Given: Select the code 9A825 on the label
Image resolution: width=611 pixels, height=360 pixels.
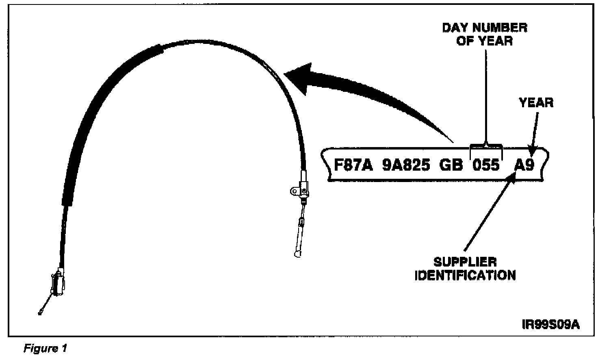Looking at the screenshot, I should pyautogui.click(x=406, y=165).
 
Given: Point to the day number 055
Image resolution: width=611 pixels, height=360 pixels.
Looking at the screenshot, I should pyautogui.click(x=486, y=165).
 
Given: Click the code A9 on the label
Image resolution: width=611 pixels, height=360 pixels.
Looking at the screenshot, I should pyautogui.click(x=524, y=165).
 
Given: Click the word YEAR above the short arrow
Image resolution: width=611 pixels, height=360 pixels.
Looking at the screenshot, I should pyautogui.click(x=536, y=103).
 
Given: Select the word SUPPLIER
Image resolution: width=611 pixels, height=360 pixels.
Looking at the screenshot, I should pyautogui.click(x=465, y=262).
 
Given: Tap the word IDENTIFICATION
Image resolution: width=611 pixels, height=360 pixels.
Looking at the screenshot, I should pyautogui.click(x=465, y=275).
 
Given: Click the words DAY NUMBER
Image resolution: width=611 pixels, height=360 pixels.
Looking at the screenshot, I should pyautogui.click(x=484, y=28).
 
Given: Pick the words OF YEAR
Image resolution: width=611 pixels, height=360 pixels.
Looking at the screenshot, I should pyautogui.click(x=484, y=41).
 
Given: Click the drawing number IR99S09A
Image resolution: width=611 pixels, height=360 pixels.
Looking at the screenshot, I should pyautogui.click(x=550, y=325).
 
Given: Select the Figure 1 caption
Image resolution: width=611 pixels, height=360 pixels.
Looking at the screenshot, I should pyautogui.click(x=45, y=348).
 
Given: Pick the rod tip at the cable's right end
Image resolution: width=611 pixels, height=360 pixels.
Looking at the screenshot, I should pyautogui.click(x=297, y=254).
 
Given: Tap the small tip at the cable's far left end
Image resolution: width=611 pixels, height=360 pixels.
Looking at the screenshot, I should pyautogui.click(x=40, y=313).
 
